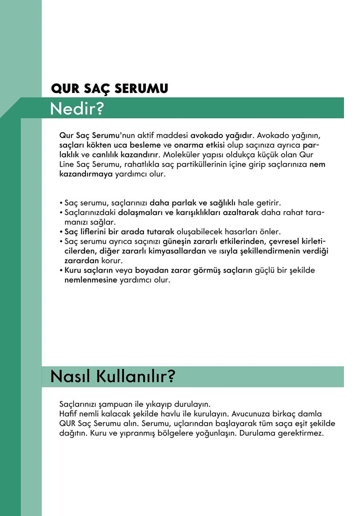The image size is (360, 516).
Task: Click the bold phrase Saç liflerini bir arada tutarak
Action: [119, 231]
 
